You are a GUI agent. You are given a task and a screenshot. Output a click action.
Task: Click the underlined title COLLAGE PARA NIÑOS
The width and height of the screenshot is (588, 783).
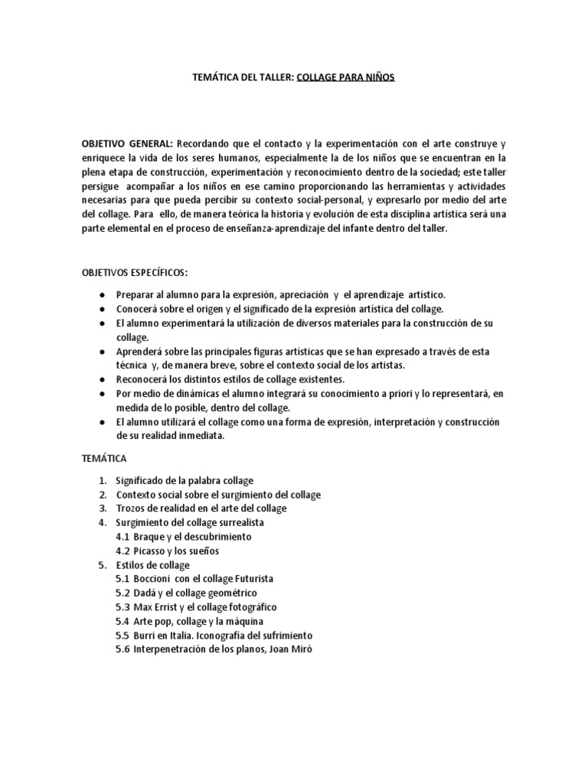coord(345,77)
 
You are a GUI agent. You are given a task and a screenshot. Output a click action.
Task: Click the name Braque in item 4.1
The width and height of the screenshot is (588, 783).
coord(149,537)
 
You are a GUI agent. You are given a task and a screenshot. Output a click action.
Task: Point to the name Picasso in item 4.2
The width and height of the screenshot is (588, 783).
coord(150,551)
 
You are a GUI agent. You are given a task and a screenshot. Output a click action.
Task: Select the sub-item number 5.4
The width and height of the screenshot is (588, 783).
coord(122,621)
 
